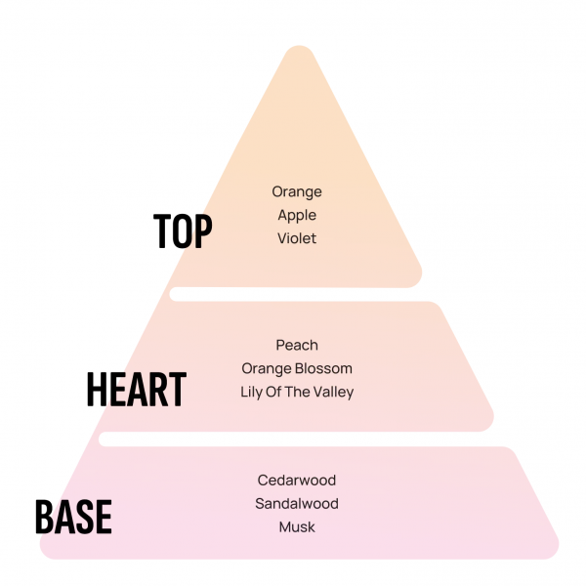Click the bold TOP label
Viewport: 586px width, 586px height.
(x=183, y=230)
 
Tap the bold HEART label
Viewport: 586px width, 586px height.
(x=136, y=389)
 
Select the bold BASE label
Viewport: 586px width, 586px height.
(x=73, y=517)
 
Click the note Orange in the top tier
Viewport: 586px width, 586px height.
(x=297, y=191)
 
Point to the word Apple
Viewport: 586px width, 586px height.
(x=297, y=215)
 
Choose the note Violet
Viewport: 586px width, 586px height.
(x=297, y=238)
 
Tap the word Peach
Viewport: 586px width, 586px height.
(x=297, y=345)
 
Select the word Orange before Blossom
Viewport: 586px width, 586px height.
(x=266, y=368)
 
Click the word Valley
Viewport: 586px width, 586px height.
(x=333, y=393)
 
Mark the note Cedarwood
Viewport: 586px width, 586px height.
(x=297, y=481)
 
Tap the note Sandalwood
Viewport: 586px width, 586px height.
(x=297, y=504)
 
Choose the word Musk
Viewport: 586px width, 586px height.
(x=297, y=527)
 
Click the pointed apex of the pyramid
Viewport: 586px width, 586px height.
(x=296, y=49)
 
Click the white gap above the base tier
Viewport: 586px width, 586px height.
(x=293, y=439)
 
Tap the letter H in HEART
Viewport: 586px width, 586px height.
(x=97, y=389)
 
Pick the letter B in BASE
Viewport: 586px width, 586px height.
(x=44, y=517)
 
